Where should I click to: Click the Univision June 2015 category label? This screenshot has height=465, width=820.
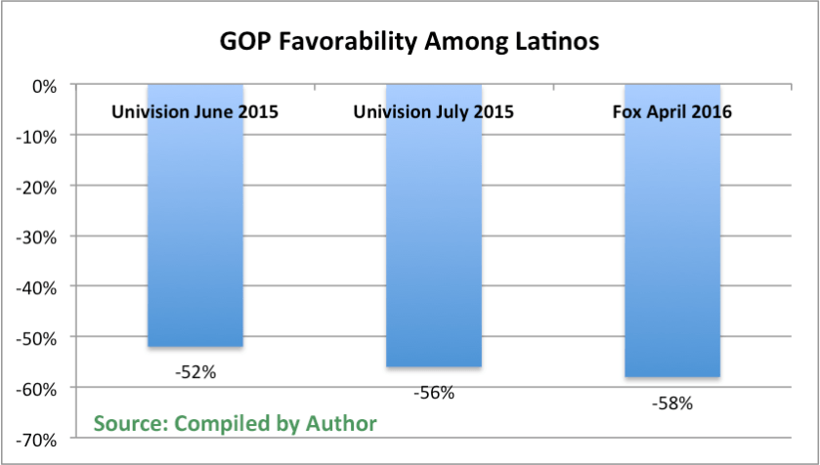click(195, 111)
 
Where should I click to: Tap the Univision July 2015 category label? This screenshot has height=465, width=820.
click(433, 111)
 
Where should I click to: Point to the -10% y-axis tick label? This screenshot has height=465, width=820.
click(39, 137)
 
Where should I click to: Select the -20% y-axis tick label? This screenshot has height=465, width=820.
click(39, 187)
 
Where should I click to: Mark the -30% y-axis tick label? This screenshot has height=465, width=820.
click(39, 237)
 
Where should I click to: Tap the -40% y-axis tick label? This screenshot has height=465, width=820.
click(39, 287)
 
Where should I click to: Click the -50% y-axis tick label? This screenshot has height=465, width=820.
click(39, 338)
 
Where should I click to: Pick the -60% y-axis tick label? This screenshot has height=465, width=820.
click(39, 389)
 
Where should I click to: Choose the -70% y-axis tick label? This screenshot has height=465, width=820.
click(39, 439)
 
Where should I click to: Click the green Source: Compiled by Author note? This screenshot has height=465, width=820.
click(235, 423)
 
